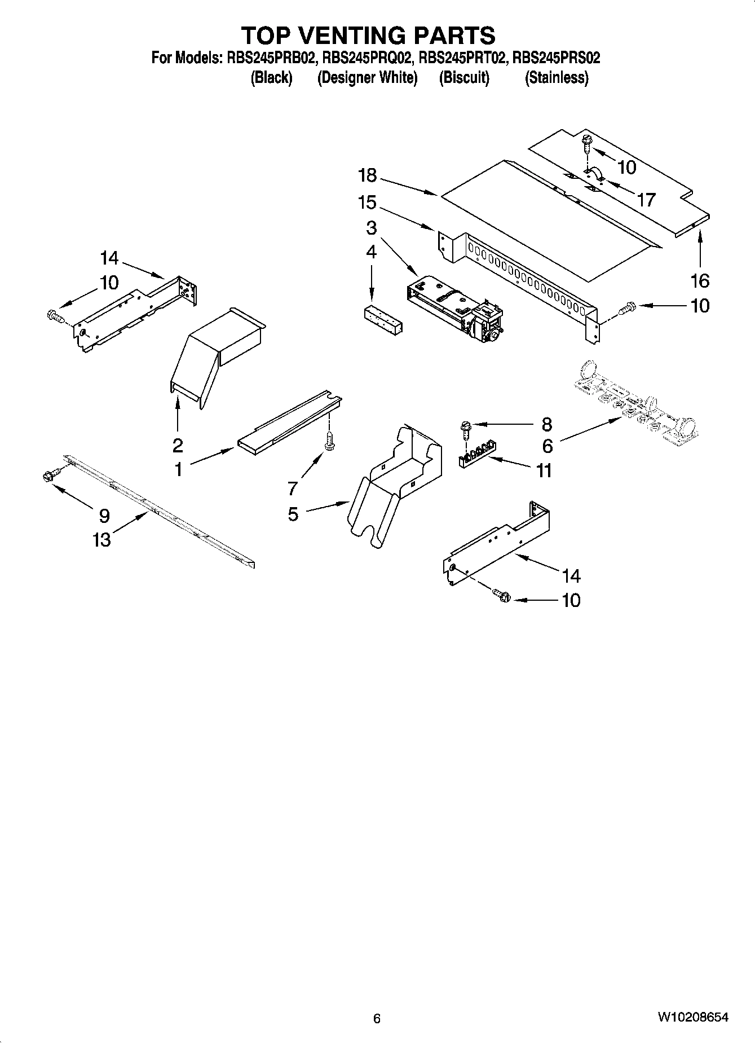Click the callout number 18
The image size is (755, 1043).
[x=367, y=175]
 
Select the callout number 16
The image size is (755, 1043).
[x=700, y=280]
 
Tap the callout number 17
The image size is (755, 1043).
[x=647, y=199]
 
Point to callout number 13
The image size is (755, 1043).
[x=102, y=540]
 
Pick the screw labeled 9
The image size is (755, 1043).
[x=47, y=477]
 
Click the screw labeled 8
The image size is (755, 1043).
[x=465, y=429]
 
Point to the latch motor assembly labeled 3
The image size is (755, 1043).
[x=454, y=307]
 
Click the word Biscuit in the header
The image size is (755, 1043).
[x=464, y=77]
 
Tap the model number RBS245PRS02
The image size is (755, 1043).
[x=556, y=58]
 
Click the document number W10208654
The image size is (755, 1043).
[x=692, y=1018]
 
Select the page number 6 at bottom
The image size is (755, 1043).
[x=377, y=1018]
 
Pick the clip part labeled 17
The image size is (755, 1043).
[x=594, y=175]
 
